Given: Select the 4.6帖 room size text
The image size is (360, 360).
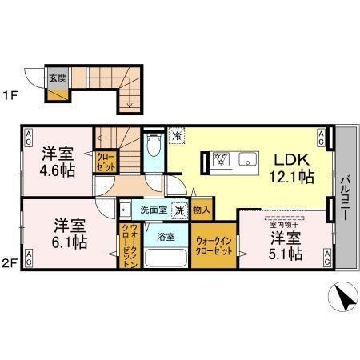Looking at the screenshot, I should [60, 170].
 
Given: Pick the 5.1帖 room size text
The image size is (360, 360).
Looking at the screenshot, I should [286, 254].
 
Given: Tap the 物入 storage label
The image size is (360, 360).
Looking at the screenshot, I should [202, 210].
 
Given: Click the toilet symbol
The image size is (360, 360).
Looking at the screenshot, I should [155, 146].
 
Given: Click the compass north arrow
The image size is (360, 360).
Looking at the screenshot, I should [343, 302].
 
